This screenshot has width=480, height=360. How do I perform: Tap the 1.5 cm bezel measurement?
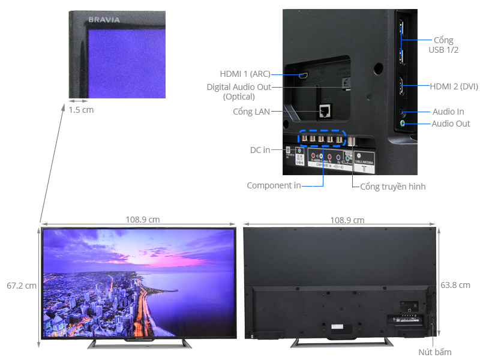[x=81, y=110]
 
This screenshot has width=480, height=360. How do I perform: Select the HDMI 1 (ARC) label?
[x=245, y=74]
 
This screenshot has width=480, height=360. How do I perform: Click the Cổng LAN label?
[x=251, y=112]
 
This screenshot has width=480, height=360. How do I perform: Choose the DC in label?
[x=260, y=150]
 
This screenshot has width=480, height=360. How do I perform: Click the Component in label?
[x=274, y=185]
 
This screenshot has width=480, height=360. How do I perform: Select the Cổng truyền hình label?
[x=392, y=186]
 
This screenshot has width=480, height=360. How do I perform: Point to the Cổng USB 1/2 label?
[x=443, y=44]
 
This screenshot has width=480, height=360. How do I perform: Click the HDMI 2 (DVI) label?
[x=454, y=86]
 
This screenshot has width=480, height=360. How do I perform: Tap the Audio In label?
[x=448, y=112]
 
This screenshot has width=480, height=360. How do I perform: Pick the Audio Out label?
[x=451, y=124]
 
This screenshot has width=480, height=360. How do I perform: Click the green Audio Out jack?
[x=403, y=124]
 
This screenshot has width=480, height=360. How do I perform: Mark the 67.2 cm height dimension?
[x=22, y=286]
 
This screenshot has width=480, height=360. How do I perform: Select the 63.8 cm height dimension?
[x=455, y=285]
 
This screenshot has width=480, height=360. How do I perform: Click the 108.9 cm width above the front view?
[x=139, y=220]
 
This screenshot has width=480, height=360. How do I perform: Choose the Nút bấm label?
[x=434, y=352]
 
